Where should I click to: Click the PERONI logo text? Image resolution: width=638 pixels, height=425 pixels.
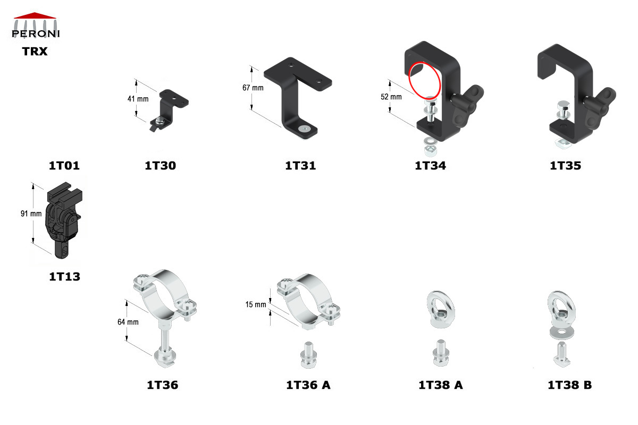[36, 34]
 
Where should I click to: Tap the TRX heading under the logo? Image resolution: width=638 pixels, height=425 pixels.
[35, 52]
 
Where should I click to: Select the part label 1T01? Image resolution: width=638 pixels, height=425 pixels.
[64, 166]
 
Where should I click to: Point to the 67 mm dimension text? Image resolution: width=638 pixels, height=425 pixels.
[253, 88]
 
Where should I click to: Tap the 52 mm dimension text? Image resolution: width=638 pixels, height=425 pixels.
[392, 97]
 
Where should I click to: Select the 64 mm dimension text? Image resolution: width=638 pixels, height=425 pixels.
[128, 322]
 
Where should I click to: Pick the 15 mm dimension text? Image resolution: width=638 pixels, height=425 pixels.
[255, 304]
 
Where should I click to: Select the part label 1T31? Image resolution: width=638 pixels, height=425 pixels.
[300, 166]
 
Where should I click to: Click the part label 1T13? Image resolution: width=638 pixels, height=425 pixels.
[64, 276]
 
